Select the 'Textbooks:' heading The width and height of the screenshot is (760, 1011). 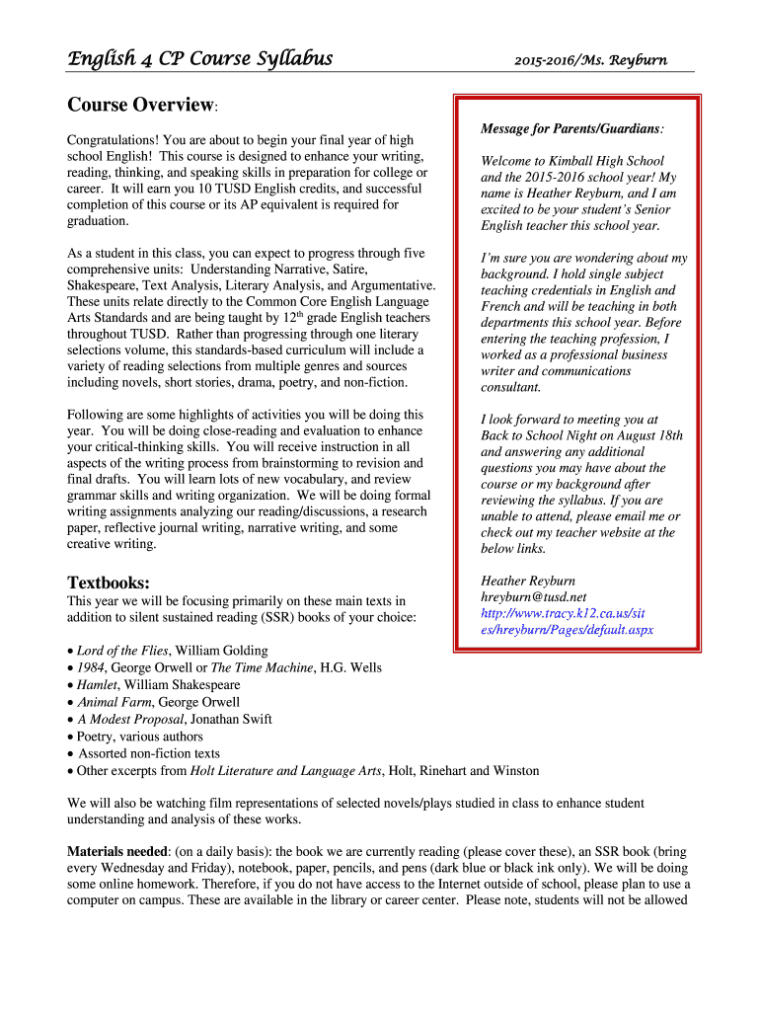coord(109,582)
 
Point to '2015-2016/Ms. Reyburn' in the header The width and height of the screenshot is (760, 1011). coord(590,60)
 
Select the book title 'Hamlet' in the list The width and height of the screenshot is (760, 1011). coord(97,685)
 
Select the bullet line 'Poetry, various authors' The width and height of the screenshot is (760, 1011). coord(140,737)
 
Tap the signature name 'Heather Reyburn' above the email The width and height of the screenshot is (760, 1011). coord(528,581)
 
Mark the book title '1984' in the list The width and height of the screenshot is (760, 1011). coord(92,667)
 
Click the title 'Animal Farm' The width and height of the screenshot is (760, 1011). coord(114,702)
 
